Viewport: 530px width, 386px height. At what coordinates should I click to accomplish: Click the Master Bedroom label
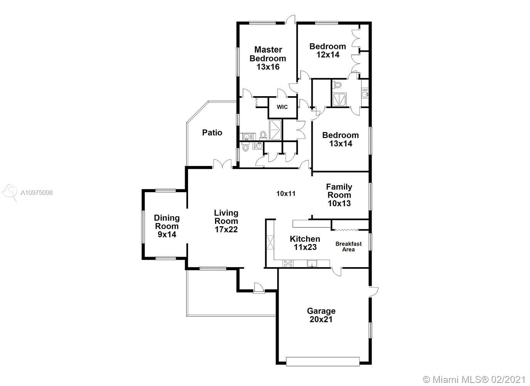click(268, 54)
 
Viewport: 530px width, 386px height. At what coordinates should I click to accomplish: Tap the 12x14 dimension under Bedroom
click(328, 55)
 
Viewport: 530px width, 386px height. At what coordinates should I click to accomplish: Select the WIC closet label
click(282, 107)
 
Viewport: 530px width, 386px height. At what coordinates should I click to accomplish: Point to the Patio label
click(212, 132)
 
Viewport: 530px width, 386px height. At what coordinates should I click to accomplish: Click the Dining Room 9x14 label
click(167, 226)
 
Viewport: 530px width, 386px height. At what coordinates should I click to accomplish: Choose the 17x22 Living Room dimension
click(226, 229)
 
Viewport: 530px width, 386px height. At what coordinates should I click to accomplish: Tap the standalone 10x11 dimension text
click(286, 194)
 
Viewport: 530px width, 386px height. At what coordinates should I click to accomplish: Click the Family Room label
click(339, 191)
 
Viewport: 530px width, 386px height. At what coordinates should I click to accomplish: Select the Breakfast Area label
click(348, 246)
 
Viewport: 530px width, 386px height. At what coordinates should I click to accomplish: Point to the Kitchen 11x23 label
click(305, 243)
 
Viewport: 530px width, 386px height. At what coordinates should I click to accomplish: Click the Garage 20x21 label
click(321, 315)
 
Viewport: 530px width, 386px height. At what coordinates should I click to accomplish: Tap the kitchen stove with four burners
click(288, 264)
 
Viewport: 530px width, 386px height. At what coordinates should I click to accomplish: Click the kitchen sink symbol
click(312, 264)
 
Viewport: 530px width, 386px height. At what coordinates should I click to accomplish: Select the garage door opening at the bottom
click(323, 361)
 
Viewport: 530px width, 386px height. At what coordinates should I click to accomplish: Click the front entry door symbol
click(259, 288)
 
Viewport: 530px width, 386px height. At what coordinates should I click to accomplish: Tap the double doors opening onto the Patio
click(222, 164)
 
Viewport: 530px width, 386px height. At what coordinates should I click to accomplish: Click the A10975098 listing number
click(37, 193)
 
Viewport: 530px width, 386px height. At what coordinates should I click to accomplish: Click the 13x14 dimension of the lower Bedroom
click(341, 144)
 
